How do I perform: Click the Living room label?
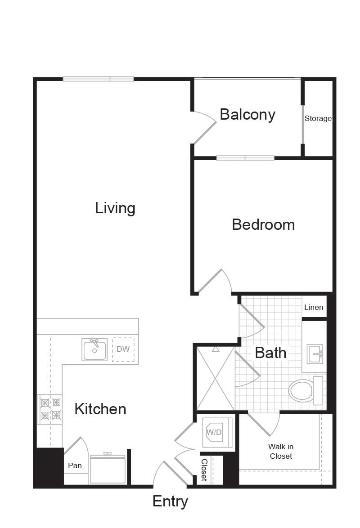click(x=115, y=208)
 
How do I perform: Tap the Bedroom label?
click(x=263, y=224)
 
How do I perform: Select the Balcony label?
click(x=247, y=115)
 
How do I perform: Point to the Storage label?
click(x=318, y=119)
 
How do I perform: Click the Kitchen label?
click(x=100, y=409)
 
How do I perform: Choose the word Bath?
click(x=270, y=353)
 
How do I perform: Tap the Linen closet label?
click(x=314, y=307)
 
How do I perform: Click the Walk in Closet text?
click(x=281, y=451)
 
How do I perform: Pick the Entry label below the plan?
click(x=170, y=502)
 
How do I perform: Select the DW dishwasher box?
click(x=123, y=349)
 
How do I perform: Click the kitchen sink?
click(x=94, y=349)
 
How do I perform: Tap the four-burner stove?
click(x=49, y=409)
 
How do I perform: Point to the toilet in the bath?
click(x=306, y=391)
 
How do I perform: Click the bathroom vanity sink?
click(x=315, y=354)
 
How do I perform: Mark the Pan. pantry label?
click(x=76, y=465)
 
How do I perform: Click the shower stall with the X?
click(x=216, y=378)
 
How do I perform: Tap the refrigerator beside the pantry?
click(x=108, y=469)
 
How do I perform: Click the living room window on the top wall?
click(x=99, y=79)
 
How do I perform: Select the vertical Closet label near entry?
click(x=204, y=470)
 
